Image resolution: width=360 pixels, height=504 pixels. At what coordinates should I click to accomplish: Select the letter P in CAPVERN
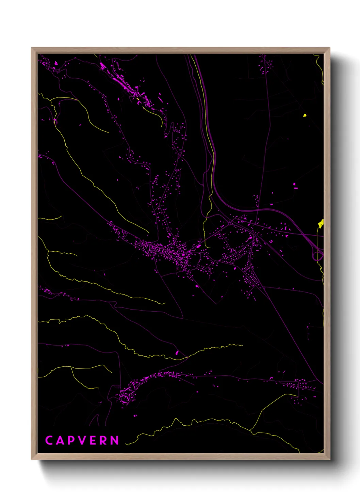tap(71, 440)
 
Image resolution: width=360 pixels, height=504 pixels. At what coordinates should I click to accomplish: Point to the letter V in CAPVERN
tap(82, 440)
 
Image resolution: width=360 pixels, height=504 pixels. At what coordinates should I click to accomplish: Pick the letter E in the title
tap(93, 440)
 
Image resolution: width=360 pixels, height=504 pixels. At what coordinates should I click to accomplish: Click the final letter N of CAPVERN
tap(115, 440)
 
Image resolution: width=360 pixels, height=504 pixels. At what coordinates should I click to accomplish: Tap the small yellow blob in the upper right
tap(305, 115)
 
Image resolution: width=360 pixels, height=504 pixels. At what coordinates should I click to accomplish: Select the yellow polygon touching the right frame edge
tap(321, 223)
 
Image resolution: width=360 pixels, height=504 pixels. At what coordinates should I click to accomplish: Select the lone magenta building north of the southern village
tap(177, 352)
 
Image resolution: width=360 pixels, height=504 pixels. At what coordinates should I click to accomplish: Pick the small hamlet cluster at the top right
tap(265, 65)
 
